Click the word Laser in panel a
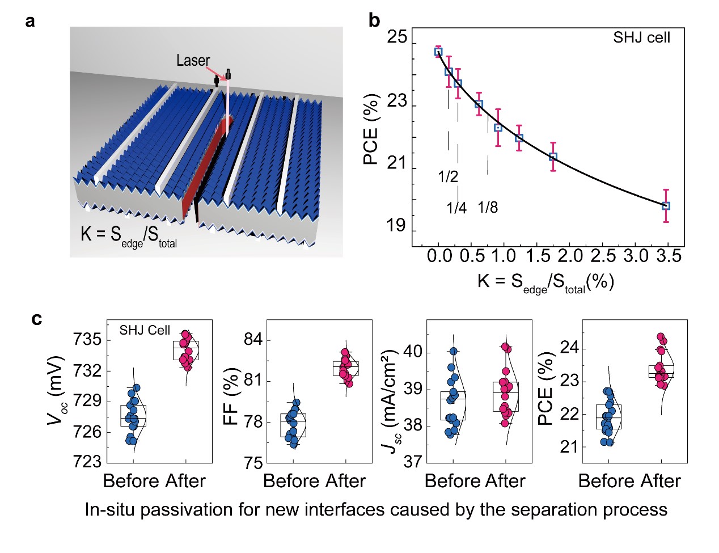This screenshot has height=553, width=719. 193,61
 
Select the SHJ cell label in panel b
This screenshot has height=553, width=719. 641,38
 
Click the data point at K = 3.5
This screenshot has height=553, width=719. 666,206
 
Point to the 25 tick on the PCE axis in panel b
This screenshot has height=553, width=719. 397,37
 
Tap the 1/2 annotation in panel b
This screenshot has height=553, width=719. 448,177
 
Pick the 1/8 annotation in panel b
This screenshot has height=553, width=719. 488,208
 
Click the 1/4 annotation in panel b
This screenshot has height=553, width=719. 456,208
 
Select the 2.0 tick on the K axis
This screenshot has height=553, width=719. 571,257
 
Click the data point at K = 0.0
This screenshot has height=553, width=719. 438,52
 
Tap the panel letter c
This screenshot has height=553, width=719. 37,319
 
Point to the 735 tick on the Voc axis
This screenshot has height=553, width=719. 87,340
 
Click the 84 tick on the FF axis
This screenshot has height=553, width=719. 252,340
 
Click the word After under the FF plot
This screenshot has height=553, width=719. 344,481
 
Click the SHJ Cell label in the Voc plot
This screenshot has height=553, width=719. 145,330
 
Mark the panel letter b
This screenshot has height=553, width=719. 374,20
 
